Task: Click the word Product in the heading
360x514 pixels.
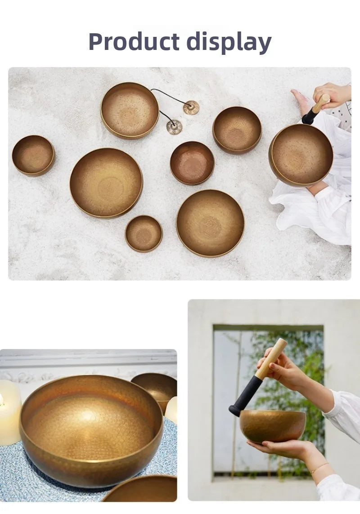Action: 134,42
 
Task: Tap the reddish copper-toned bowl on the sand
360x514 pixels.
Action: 192,162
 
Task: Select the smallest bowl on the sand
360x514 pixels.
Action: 144,233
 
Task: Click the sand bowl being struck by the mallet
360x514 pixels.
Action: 301,155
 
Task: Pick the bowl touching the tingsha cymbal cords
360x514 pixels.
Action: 130,110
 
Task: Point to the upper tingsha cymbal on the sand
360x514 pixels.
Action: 191,107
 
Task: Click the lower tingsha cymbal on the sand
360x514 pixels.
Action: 174,127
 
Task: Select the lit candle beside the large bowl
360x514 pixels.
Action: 9,411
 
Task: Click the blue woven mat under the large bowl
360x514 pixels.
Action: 81,483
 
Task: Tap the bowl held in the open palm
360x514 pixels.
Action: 272,425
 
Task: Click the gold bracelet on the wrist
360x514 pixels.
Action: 319,468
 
